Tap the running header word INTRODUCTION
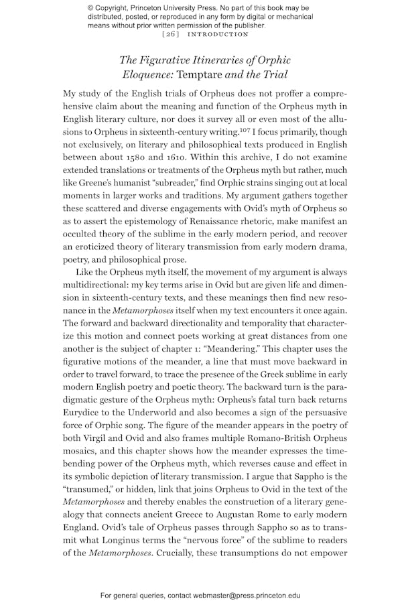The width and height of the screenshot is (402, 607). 218,34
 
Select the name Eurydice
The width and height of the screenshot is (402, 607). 83,408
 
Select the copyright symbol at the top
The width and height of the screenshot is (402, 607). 91,7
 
